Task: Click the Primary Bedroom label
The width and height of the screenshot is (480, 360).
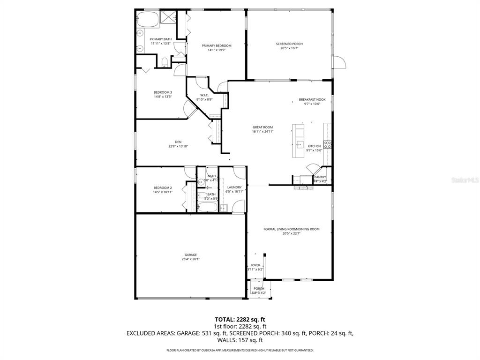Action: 217,45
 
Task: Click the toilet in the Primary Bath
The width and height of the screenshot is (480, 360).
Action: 165,62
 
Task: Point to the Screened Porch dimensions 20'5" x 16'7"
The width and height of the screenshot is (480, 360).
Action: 289,48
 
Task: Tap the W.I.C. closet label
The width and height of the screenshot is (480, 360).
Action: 204,95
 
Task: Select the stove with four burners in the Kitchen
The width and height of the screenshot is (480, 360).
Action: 328,144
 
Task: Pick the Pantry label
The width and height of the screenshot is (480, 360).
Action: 320,177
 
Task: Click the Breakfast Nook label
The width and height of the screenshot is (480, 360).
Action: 312,100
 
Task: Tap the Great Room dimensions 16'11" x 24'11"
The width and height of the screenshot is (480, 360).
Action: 262,132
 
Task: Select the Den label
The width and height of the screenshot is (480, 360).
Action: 178,142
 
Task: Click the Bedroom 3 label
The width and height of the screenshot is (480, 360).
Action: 163,92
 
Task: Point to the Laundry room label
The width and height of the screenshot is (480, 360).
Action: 234,187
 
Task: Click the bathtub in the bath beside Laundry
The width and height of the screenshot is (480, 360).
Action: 207,207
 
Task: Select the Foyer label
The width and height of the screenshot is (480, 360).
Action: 255,265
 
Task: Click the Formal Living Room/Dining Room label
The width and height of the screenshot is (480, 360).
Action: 291,229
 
